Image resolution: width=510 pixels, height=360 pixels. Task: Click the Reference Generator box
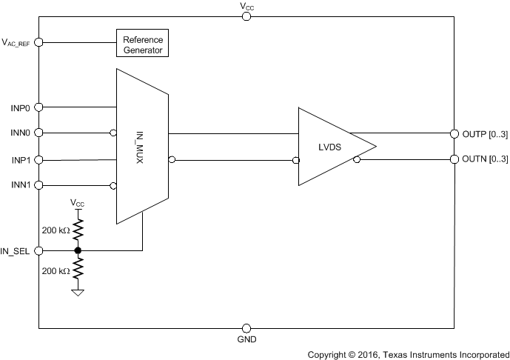coord(143,43)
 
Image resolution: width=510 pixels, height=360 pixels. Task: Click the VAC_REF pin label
coord(16,43)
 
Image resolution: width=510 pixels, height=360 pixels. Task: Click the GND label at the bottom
coord(246,341)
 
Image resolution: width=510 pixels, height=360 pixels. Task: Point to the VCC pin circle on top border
coord(246,16)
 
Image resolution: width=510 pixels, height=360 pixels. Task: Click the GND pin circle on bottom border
coord(246,327)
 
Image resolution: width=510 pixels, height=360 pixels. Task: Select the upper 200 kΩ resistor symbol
coord(78,230)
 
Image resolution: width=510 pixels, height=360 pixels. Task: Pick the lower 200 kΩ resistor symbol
coord(78,271)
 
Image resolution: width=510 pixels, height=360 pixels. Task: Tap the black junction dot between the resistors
coord(78,251)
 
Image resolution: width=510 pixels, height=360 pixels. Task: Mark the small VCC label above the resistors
coord(78,202)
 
